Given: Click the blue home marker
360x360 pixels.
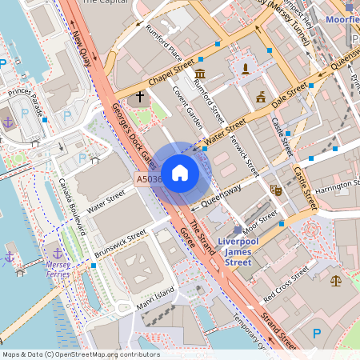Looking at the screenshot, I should (180, 173).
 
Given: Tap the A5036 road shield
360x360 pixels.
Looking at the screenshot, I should (149, 180).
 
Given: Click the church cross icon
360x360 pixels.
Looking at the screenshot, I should (140, 98).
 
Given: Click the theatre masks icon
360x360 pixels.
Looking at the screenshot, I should (275, 190).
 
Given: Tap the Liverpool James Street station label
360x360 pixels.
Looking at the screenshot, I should (226, 251).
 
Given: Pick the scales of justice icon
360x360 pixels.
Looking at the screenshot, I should (335, 280).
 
